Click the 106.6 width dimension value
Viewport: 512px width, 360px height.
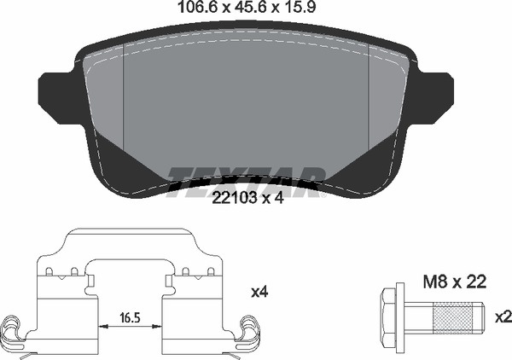coord(199,7)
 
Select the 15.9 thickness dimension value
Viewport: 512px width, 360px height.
coord(300,7)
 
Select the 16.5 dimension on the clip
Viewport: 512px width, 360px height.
coord(130,317)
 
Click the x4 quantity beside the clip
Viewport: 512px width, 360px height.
coord(259,293)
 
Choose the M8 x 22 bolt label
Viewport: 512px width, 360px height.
coord(455,282)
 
